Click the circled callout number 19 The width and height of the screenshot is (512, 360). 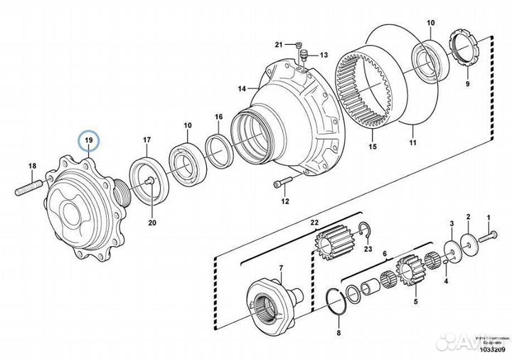coord(90,140)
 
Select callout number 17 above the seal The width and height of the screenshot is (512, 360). coord(147,139)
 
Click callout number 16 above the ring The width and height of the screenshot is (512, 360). coord(219,117)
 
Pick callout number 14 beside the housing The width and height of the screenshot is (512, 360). coord(242,89)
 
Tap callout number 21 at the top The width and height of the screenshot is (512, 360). coord(279,43)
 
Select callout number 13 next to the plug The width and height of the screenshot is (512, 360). coord(324,55)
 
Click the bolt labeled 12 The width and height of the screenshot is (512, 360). coord(283,184)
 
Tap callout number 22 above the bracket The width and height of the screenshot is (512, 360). coord(314,222)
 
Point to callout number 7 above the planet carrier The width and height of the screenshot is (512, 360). coord(280,268)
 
